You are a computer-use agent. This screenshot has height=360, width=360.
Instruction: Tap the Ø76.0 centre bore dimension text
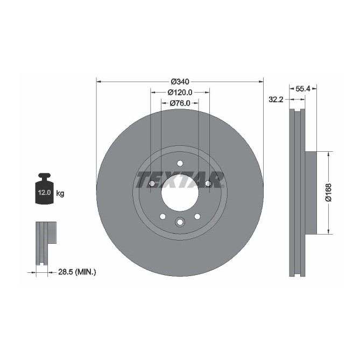pyautogui.click(x=180, y=103)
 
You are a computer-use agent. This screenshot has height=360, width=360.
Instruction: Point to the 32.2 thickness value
pyautogui.click(x=276, y=99)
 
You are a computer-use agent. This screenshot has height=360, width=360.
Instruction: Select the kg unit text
pyautogui.click(x=60, y=193)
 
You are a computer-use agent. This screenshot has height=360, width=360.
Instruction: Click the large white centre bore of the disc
pyautogui.click(x=179, y=192)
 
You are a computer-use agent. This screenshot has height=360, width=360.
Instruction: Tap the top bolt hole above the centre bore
pyautogui.click(x=180, y=164)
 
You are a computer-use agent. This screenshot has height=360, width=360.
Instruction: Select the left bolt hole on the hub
pyautogui.click(x=151, y=184)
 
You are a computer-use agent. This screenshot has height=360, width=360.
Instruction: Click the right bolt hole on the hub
pyautogui.click(x=208, y=184)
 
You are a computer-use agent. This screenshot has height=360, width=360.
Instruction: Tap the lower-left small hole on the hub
pyautogui.click(x=162, y=216)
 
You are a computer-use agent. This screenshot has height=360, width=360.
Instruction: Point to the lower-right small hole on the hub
pyautogui.click(x=197, y=216)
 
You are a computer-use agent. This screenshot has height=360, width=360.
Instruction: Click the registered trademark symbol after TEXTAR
pyautogui.click(x=224, y=174)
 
